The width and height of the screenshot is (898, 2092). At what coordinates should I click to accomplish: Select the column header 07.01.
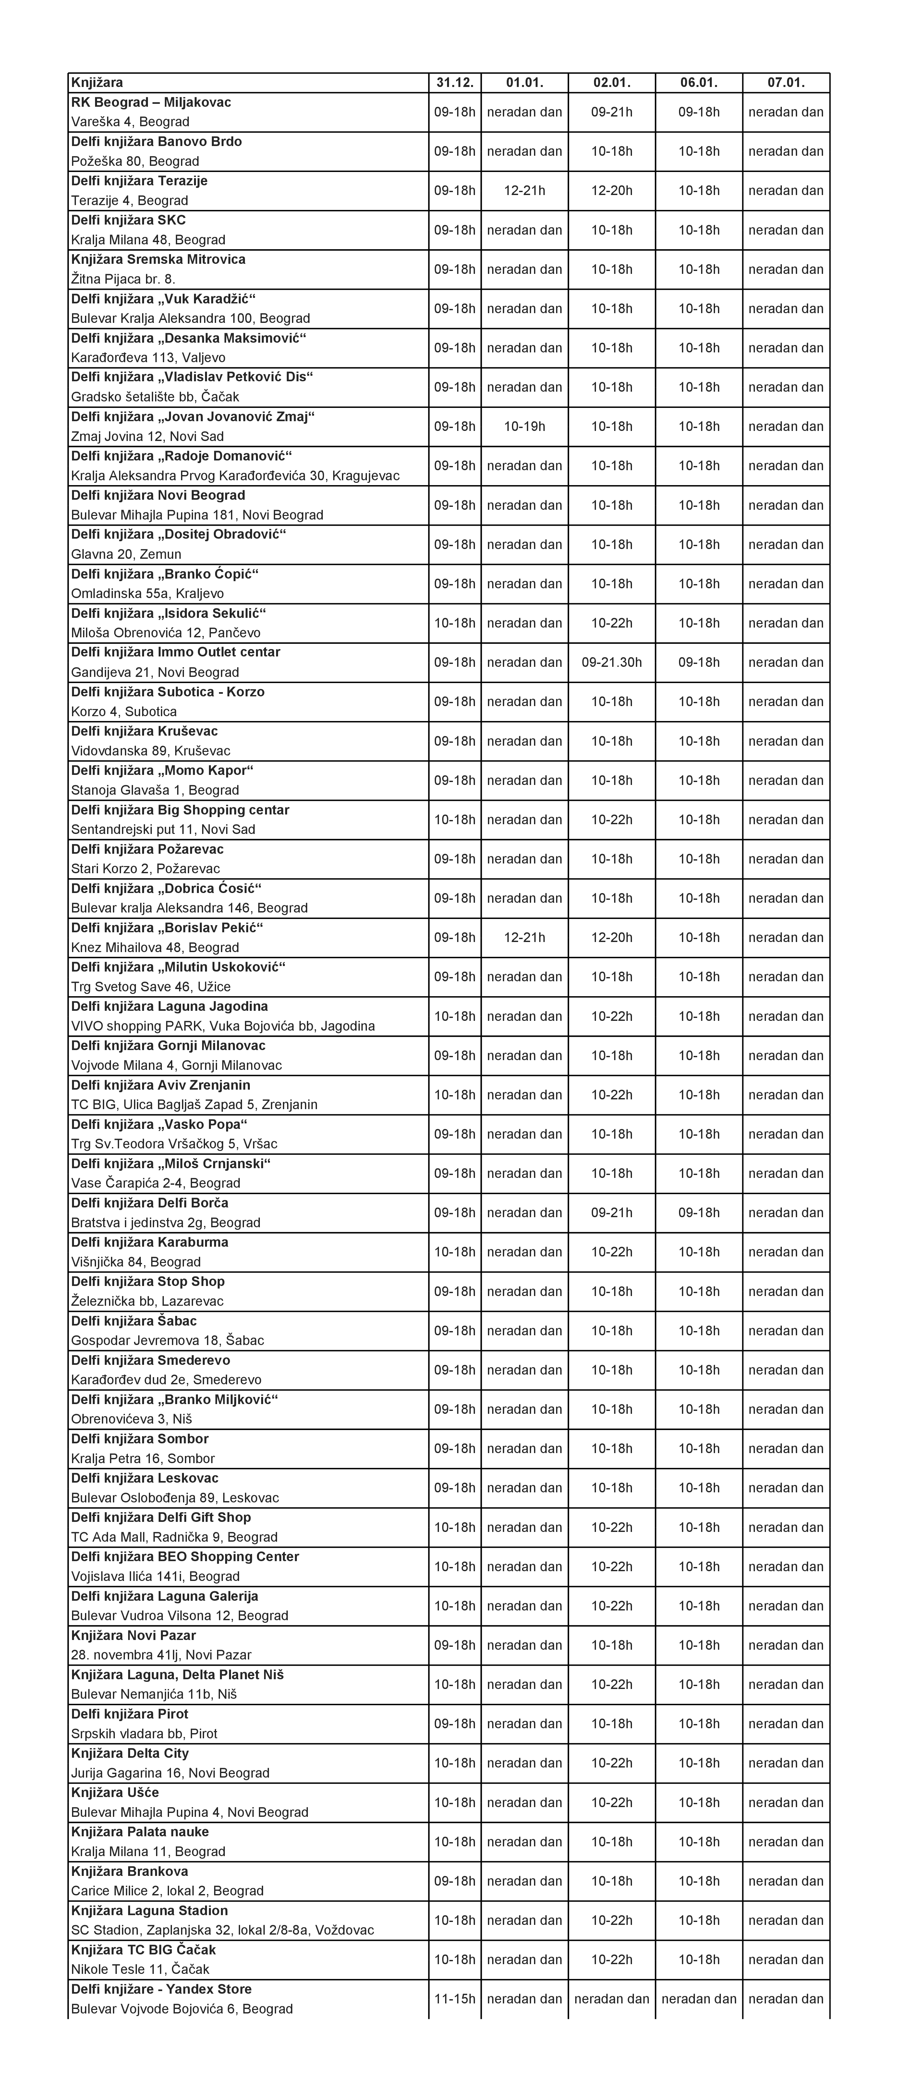click(785, 82)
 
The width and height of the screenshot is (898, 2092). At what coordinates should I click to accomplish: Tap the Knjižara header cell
click(97, 82)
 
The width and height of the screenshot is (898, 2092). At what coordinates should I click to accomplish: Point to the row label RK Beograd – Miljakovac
click(151, 102)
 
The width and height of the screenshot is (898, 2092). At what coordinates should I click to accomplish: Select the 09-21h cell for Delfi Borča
click(612, 1213)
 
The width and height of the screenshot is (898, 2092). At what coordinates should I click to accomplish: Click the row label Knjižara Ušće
click(115, 1792)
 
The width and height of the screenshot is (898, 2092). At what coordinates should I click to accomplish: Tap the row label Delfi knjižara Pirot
click(130, 1714)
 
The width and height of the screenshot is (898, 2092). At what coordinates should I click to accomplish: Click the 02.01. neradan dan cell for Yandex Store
click(612, 1999)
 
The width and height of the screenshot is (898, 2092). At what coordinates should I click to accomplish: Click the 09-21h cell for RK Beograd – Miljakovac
click(612, 112)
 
